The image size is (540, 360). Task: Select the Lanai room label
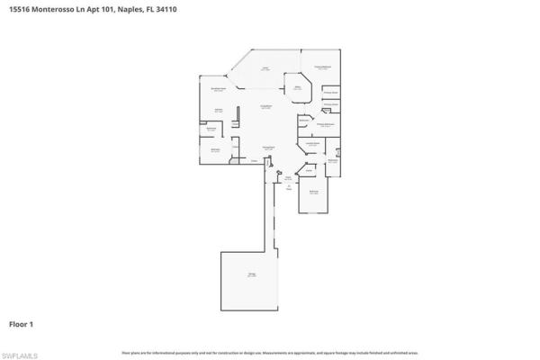265,67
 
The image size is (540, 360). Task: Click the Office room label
297,87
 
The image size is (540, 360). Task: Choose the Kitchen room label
218,110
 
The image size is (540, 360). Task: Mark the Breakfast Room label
217,89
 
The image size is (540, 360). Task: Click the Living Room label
266,107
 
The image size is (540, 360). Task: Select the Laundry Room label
311,143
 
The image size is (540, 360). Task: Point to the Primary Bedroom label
320,67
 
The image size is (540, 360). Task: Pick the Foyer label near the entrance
289,178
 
